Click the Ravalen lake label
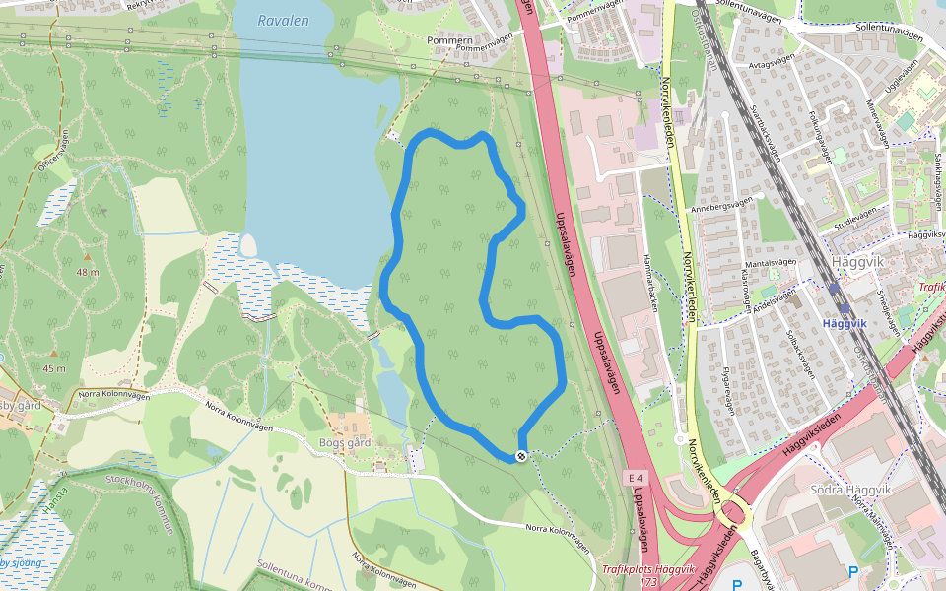283,20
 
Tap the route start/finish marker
520,455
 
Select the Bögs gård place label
345,442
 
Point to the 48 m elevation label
88,271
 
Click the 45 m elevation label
54,368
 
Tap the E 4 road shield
637,478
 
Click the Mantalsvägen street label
771,263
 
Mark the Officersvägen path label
51,156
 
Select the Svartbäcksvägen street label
766,133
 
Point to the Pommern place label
449,40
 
